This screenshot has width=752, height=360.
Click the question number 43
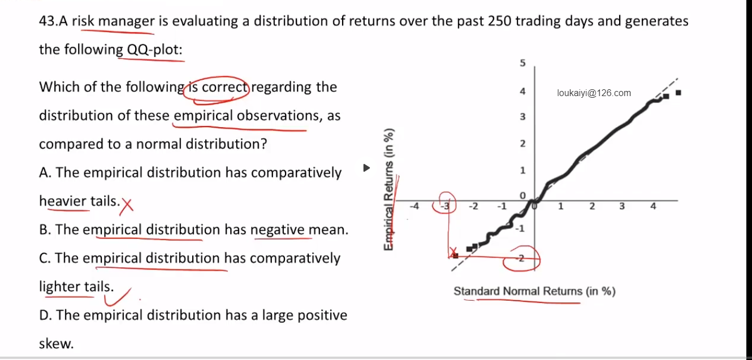click(49, 21)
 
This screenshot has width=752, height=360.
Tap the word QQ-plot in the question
click(154, 50)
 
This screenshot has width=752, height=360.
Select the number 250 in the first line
click(500, 21)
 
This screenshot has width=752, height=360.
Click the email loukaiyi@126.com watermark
click(594, 93)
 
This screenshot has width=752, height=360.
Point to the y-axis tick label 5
click(522, 63)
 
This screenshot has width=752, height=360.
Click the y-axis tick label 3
click(522, 117)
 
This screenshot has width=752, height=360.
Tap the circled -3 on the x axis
click(445, 206)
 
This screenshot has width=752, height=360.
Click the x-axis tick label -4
click(414, 206)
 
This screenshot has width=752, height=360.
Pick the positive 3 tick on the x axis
click(622, 206)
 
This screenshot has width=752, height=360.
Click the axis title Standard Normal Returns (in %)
click(534, 291)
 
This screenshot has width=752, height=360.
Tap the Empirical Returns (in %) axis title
click(388, 189)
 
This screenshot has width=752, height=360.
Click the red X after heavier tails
click(127, 205)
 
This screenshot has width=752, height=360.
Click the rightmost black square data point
click(678, 93)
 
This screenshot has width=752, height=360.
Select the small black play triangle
click(366, 168)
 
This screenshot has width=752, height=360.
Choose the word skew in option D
click(56, 344)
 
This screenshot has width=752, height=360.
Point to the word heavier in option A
click(63, 201)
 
